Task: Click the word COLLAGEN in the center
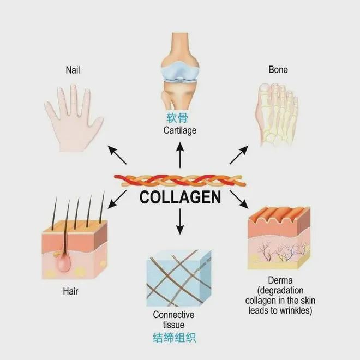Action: click(x=180, y=197)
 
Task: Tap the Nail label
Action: click(x=73, y=70)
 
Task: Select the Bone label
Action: click(x=278, y=70)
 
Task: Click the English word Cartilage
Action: click(x=180, y=130)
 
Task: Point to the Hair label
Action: click(x=70, y=291)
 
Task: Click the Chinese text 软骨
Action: click(x=177, y=118)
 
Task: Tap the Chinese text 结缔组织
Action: click(x=174, y=338)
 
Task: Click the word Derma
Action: click(x=280, y=280)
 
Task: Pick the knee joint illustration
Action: click(x=180, y=71)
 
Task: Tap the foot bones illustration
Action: click(x=277, y=115)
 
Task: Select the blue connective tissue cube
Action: click(x=178, y=278)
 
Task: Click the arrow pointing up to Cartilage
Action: click(x=180, y=155)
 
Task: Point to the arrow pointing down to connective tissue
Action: click(x=180, y=221)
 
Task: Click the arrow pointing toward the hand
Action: click(x=117, y=155)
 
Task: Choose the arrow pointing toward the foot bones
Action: click(x=239, y=155)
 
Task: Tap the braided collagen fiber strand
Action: click(x=180, y=181)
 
